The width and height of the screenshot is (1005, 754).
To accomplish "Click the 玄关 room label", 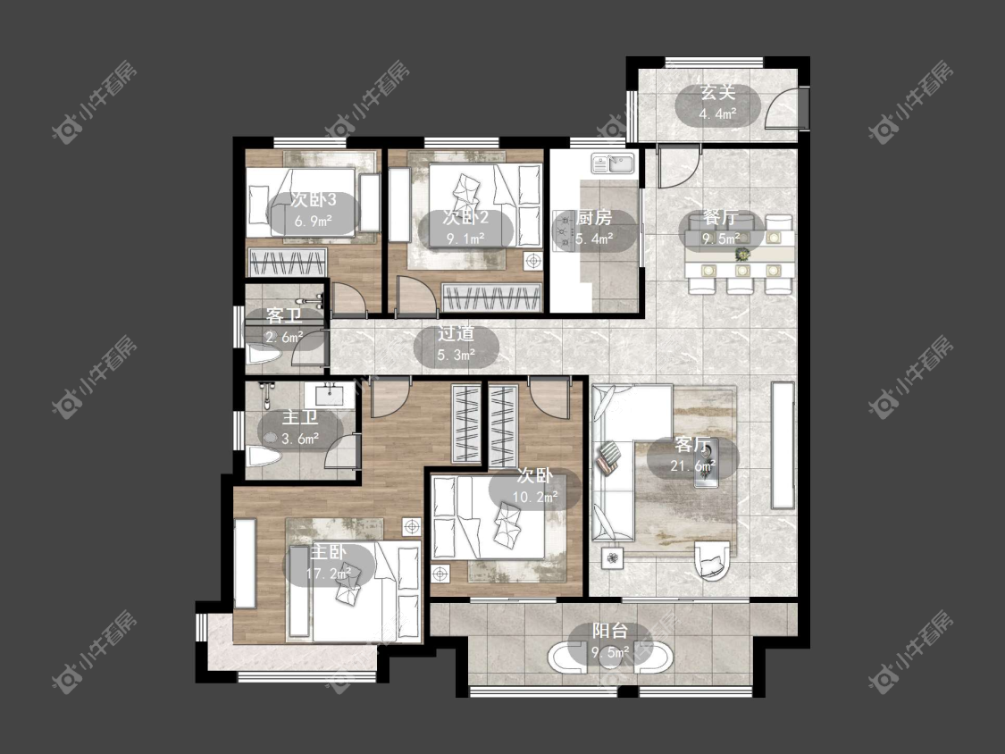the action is tap(717, 92).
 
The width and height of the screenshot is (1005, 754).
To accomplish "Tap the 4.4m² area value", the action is tap(717, 114).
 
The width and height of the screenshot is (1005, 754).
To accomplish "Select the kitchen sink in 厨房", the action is tap(613, 164).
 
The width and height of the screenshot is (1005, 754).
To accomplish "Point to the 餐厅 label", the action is tap(720, 217).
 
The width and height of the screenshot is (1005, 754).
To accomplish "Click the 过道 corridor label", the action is tap(456, 333).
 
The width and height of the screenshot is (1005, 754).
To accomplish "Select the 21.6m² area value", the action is tap(693, 466).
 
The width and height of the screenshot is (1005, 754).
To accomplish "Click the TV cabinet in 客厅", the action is tap(783, 446).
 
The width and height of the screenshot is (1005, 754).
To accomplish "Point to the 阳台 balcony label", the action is tap(609, 630).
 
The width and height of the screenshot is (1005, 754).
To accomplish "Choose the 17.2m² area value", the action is tap(329, 574).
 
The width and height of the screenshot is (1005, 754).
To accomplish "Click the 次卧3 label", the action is tap(313, 200).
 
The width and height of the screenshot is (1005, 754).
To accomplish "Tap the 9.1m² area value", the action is tap(466, 239).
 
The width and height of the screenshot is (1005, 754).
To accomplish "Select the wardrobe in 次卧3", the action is tap(289, 263).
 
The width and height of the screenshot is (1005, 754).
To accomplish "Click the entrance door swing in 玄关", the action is tap(783, 108).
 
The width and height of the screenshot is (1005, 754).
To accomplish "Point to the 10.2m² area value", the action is tap(535, 496).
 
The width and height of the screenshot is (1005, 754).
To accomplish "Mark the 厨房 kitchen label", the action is tap(594, 217).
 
